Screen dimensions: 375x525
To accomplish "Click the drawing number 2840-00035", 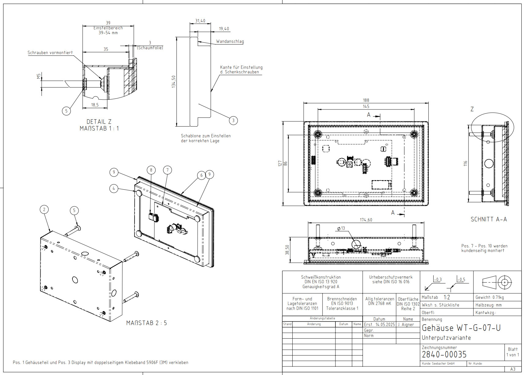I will [444, 354].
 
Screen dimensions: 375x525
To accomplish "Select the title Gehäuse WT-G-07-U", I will [461, 328].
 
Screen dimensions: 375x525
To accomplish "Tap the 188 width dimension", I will [366, 100].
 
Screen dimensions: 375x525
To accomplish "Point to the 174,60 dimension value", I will [366, 220].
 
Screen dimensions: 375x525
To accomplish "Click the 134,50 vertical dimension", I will [174, 82].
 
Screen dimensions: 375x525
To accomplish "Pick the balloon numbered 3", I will [233, 121].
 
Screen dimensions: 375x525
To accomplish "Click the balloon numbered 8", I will [151, 170].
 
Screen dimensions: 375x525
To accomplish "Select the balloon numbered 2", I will [44, 210].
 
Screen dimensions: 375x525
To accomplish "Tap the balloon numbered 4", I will [114, 188].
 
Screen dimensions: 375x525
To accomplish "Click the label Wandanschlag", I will [230, 41].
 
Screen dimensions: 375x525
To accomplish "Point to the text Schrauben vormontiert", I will [50, 53].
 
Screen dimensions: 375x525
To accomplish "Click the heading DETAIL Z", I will [99, 122].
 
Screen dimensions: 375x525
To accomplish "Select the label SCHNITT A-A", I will [489, 219].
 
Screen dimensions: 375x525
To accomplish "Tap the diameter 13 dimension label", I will [341, 228].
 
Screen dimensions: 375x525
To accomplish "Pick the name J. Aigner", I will [406, 325].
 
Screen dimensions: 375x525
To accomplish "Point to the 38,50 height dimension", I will [287, 250].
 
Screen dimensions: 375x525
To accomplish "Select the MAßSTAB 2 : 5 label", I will [146, 323].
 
